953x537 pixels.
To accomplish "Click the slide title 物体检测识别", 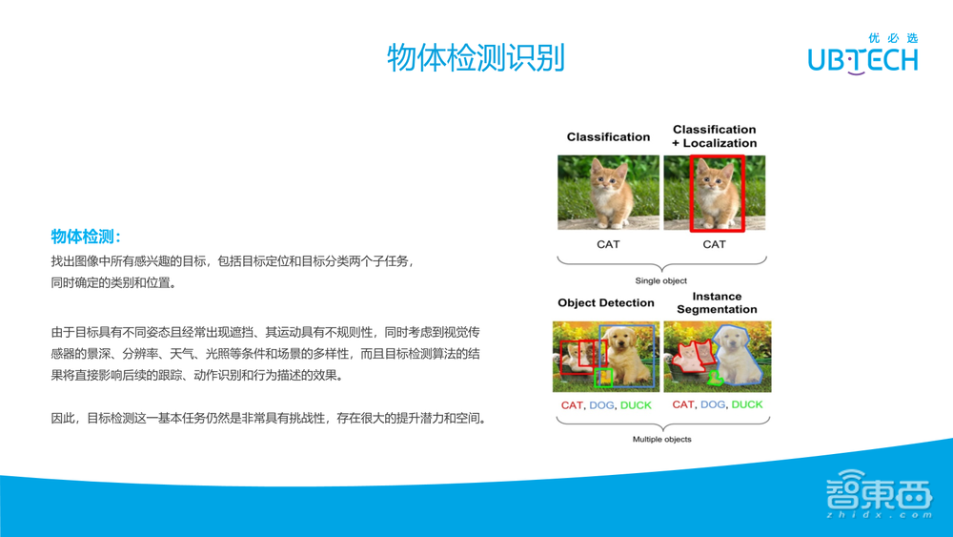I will click(x=476, y=58).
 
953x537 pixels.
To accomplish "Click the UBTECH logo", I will click(x=862, y=59).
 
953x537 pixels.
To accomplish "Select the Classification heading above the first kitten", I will click(x=608, y=136).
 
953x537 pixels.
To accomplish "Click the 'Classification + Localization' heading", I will click(x=715, y=136).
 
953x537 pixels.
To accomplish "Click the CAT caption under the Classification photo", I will click(x=608, y=244).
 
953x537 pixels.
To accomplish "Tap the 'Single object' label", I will click(x=661, y=280).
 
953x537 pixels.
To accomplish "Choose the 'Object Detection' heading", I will click(x=606, y=303).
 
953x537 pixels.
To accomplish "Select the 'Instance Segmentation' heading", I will click(x=717, y=303).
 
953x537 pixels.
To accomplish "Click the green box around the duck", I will click(x=603, y=377).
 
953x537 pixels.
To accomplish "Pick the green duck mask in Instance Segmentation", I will click(x=714, y=379).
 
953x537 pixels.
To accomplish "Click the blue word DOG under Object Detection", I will click(x=602, y=405).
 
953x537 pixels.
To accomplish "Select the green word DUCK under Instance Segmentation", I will click(x=747, y=404).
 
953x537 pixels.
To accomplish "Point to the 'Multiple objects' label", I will click(x=662, y=439).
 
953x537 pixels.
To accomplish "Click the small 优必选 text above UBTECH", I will click(x=893, y=38).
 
